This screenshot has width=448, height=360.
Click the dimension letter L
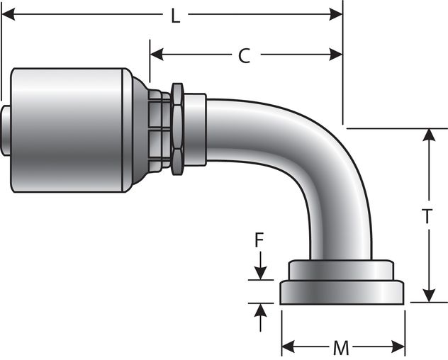(175, 16)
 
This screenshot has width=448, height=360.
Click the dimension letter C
(243, 56)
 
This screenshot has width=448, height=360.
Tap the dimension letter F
(261, 241)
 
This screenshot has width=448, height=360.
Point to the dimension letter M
(341, 348)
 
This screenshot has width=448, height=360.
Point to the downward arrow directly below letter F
(261, 270)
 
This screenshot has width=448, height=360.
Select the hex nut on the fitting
(177, 126)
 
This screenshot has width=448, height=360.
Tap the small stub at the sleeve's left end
(6, 130)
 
